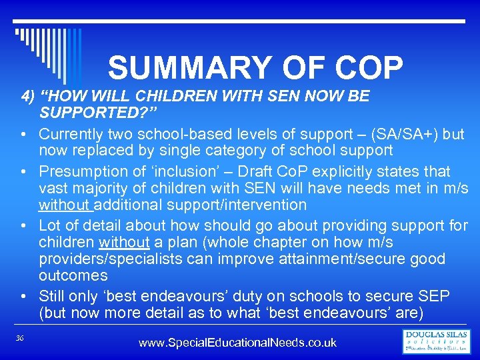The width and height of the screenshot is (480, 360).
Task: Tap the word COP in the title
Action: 365,68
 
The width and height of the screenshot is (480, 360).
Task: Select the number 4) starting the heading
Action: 28,96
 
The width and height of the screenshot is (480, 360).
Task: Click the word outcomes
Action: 73,275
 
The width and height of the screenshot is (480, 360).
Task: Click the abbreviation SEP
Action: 435,295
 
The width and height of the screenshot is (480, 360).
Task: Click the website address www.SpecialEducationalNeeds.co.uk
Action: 237,343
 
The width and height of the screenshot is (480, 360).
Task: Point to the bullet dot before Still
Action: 23,295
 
